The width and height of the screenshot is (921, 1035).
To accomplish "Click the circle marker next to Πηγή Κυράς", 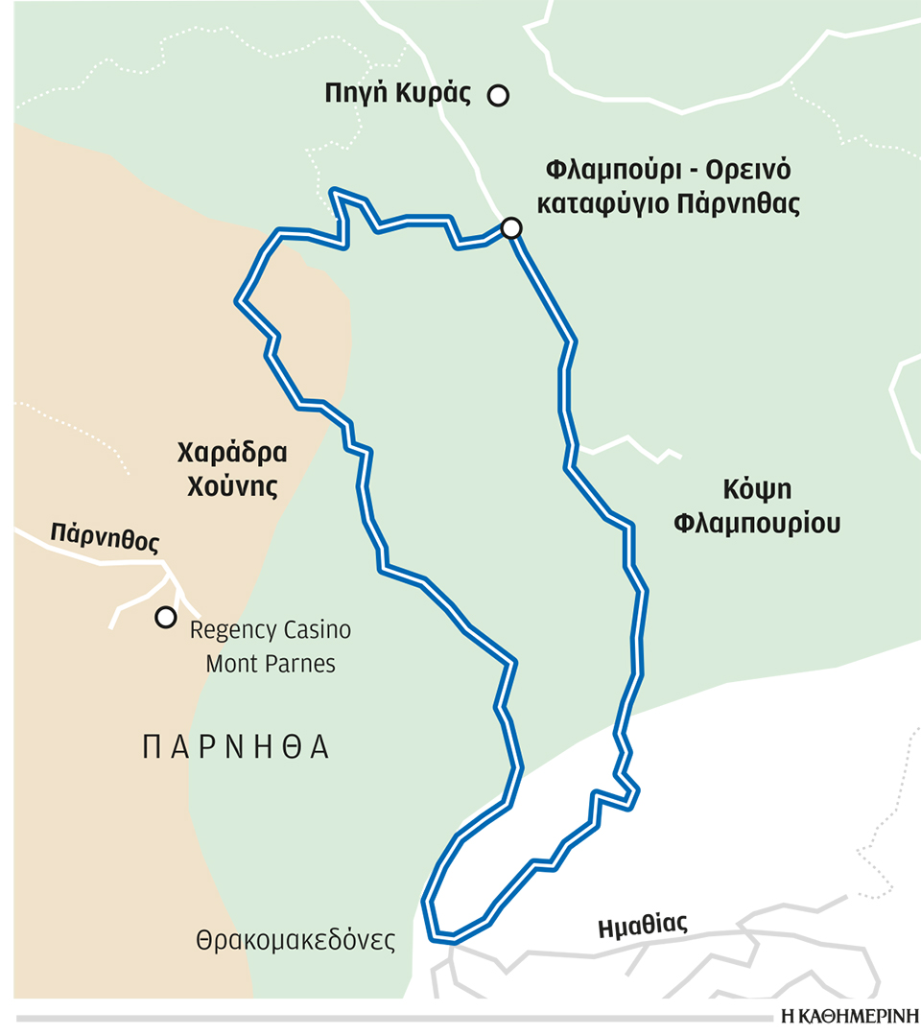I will [x=498, y=95].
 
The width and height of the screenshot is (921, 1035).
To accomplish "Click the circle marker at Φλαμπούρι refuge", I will [x=511, y=227].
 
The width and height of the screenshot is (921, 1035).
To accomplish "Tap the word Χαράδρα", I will [x=233, y=452].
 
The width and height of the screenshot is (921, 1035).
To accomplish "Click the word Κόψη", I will [x=757, y=488].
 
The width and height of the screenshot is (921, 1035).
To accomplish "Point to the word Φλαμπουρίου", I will [x=757, y=524].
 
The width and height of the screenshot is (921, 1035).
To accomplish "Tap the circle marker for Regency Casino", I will [x=166, y=617].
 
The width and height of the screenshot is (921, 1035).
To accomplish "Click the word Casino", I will [x=315, y=630].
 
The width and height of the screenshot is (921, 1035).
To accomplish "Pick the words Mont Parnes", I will [x=271, y=664].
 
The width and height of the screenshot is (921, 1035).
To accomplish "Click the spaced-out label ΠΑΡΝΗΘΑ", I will [x=236, y=748].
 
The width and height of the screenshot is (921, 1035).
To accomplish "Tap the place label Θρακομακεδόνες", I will [x=295, y=940].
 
